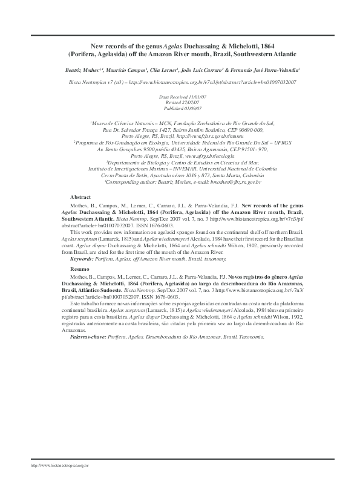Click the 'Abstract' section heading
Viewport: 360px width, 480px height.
coord(80,198)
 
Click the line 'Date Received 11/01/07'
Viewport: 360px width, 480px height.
coord(180,97)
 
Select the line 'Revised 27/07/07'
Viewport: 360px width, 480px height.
coord(180,102)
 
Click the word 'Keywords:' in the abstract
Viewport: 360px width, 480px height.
coord(84,258)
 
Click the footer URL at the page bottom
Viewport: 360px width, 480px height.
coord(60,466)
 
